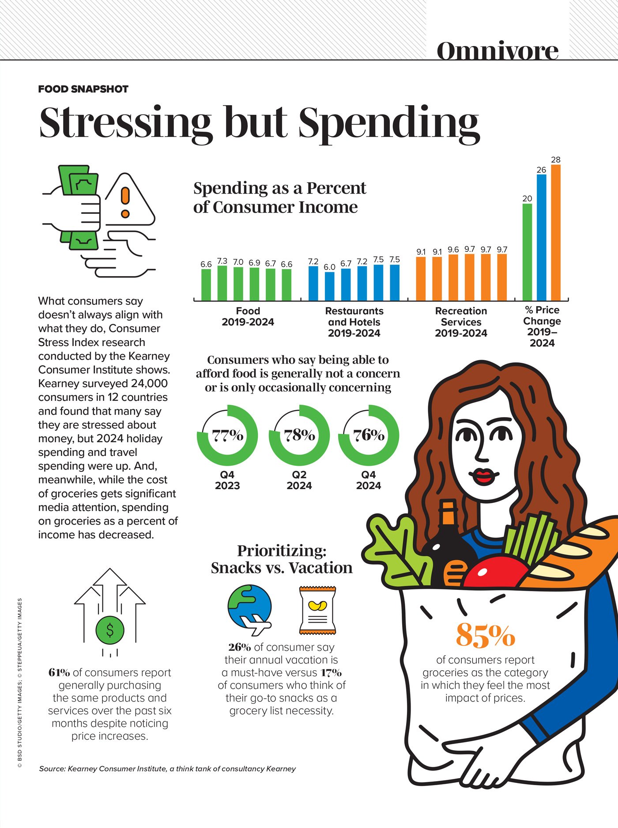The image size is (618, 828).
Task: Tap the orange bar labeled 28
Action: pos(556,233)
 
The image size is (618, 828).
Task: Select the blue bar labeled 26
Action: pos(541,238)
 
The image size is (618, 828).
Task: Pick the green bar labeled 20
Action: pos(527,252)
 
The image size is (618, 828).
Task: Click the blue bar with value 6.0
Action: pos(329,286)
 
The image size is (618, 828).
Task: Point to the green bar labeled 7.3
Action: pos(222,283)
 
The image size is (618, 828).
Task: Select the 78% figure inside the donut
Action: pos(299,435)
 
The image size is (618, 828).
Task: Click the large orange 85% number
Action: pos(485,635)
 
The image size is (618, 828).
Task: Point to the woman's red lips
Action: pos(483,476)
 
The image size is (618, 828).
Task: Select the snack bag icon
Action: pos(317,610)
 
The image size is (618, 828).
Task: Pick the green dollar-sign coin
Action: pos(110,630)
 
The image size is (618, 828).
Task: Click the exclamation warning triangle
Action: pos(127,201)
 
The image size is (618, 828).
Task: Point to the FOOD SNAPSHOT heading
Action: pos(83,89)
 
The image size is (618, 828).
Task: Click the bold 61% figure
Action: pos(59,672)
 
